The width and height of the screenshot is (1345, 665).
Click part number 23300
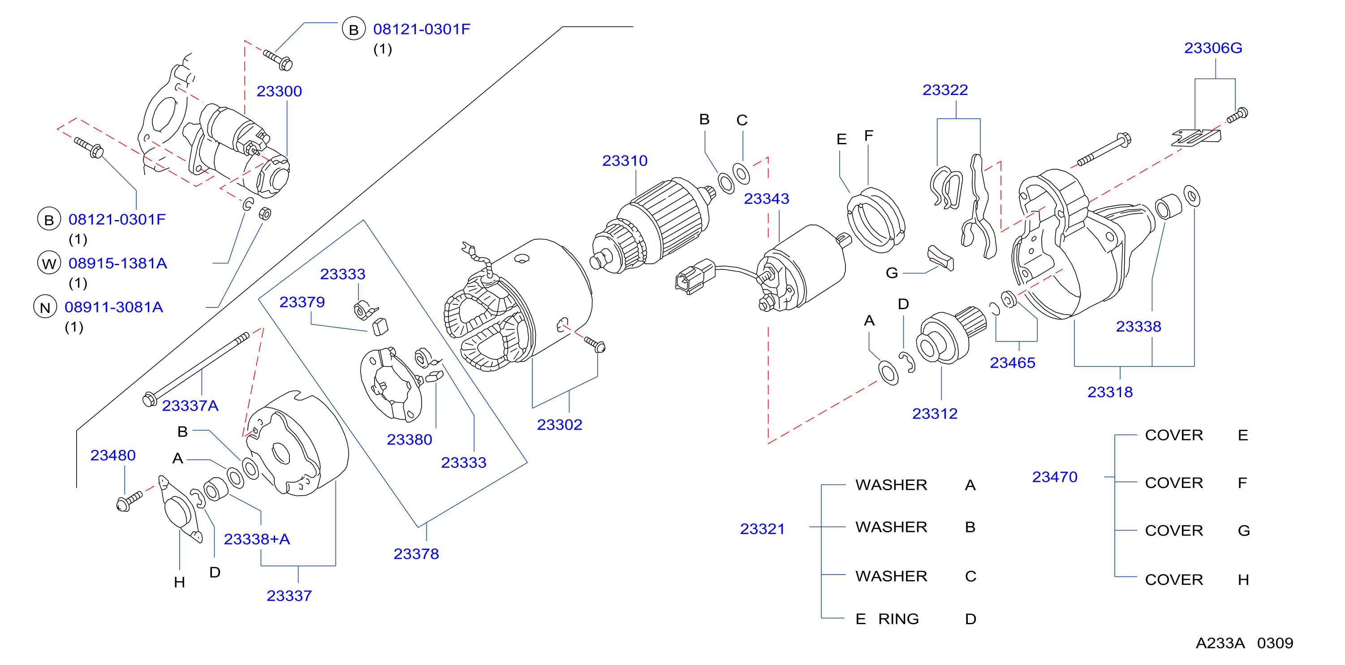tap(279, 91)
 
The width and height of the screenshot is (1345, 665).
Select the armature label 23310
tap(625, 161)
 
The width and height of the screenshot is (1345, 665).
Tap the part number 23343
tap(766, 199)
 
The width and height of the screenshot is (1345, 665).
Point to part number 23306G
tap(1213, 48)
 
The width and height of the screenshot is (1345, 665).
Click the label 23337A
tap(190, 406)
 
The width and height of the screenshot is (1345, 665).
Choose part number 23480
tap(113, 456)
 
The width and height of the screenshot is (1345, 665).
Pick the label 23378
tap(416, 554)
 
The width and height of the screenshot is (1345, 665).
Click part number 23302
tap(559, 425)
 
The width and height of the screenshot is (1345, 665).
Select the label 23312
tap(935, 414)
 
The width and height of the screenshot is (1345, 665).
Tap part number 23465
tap(1013, 363)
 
